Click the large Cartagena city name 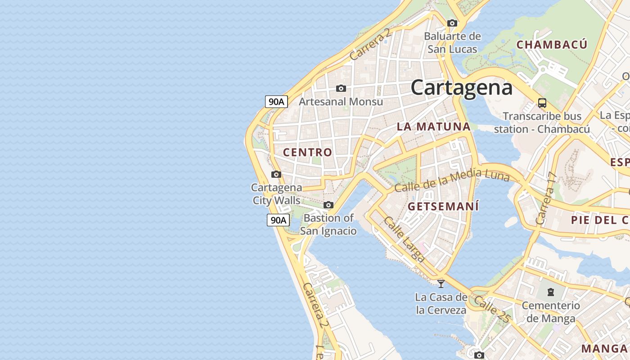461,87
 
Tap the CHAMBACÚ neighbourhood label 551,45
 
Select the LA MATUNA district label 433,126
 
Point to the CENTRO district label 307,152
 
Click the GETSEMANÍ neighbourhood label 443,207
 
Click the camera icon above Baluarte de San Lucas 452,23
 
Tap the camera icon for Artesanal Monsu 341,88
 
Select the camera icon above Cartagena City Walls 276,174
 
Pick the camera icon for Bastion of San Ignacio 328,205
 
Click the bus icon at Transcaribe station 542,103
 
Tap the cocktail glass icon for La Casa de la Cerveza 441,283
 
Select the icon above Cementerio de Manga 551,292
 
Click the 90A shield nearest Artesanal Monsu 276,102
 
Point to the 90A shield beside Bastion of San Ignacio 278,220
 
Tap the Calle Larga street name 404,239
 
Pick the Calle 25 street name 492,309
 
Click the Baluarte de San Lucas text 452,42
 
